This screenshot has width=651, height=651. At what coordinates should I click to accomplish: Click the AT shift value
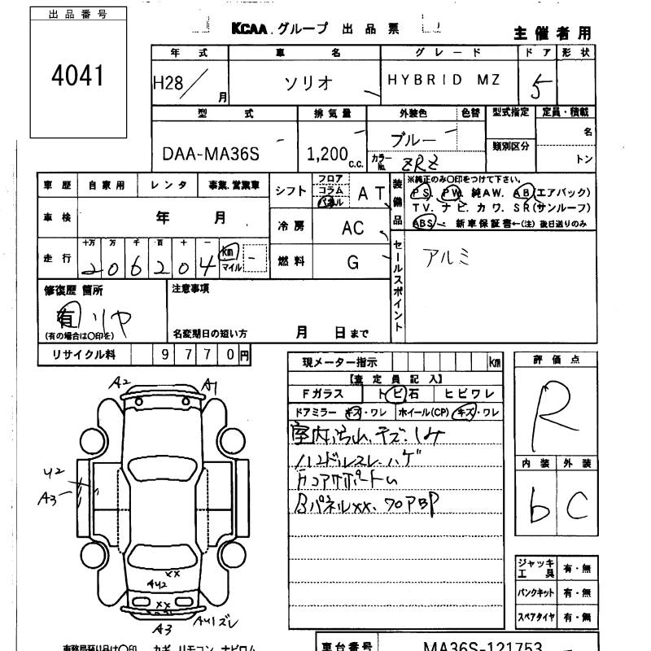[x=369, y=192]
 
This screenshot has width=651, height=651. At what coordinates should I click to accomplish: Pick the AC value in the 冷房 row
[x=353, y=229]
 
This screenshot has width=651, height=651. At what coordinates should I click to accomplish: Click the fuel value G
[x=353, y=262]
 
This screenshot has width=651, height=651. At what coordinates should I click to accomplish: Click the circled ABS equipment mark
[x=423, y=222]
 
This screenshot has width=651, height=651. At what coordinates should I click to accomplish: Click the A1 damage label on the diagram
[x=212, y=386]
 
